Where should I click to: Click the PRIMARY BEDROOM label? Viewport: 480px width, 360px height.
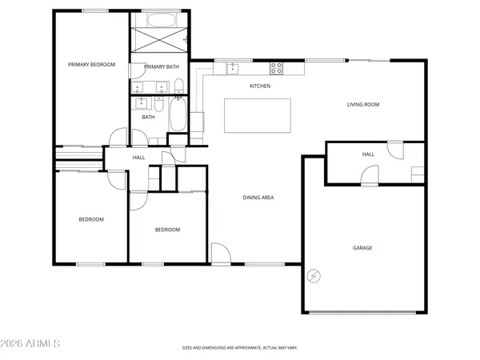pyautogui.click(x=91, y=65)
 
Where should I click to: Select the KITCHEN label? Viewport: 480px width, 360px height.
pyautogui.click(x=260, y=86)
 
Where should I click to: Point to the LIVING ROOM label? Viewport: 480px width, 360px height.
pyautogui.click(x=362, y=104)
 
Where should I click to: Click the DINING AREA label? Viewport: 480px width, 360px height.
pyautogui.click(x=258, y=197)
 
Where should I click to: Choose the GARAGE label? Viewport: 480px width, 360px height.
pyautogui.click(x=362, y=248)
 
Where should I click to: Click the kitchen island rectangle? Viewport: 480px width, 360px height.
pyautogui.click(x=258, y=115)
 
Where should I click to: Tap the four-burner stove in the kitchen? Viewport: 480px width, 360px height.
pyautogui.click(x=277, y=68)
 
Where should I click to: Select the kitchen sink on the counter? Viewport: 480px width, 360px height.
pyautogui.click(x=232, y=68)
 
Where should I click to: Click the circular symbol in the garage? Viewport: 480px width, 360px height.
pyautogui.click(x=314, y=276)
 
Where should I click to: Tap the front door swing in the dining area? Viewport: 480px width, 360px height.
pyautogui.click(x=220, y=254)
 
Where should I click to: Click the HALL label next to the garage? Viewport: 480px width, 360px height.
pyautogui.click(x=368, y=154)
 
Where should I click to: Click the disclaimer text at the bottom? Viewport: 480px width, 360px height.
pyautogui.click(x=239, y=349)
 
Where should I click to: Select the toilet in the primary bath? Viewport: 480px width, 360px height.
pyautogui.click(x=178, y=86)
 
